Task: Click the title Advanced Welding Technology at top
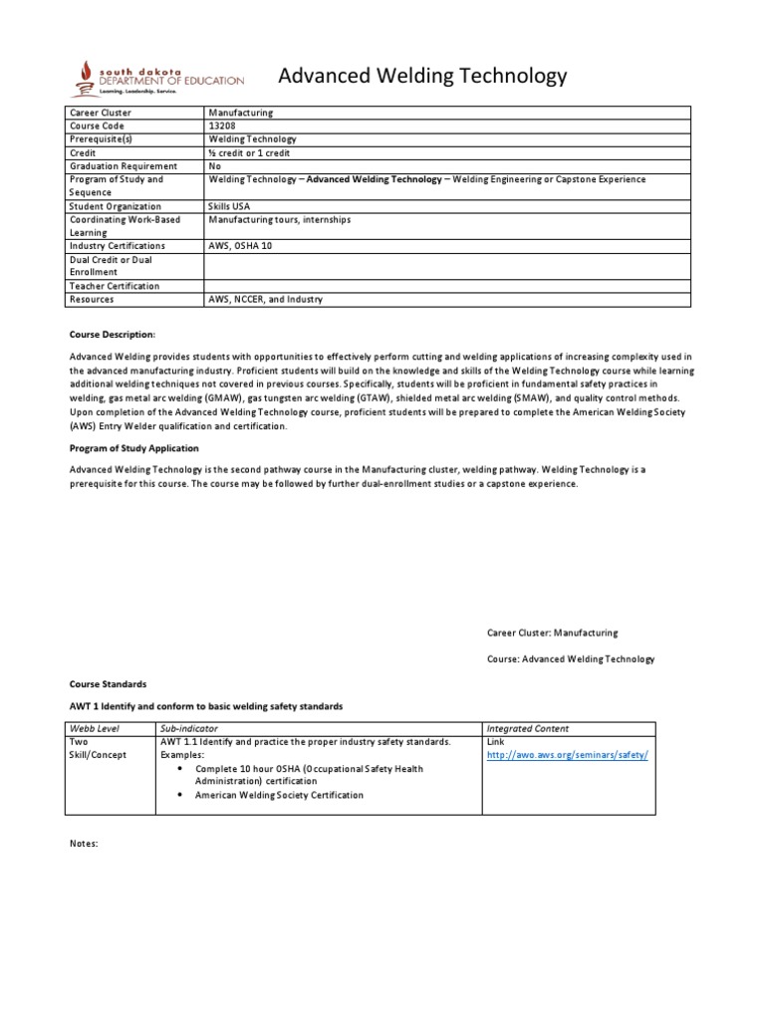pos(421,76)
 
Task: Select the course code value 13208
pos(223,127)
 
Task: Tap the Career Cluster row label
pos(101,114)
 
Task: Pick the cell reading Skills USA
pos(230,206)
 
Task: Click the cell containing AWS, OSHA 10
pos(240,245)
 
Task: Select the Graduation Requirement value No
pos(214,166)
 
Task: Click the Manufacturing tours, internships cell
pos(279,219)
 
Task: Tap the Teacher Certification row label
pos(114,286)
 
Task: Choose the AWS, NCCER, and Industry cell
pos(265,299)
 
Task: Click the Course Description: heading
pos(113,335)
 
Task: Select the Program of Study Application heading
pos(133,448)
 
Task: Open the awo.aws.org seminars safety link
pos(567,755)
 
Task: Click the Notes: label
pos(84,844)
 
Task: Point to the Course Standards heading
pos(108,684)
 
